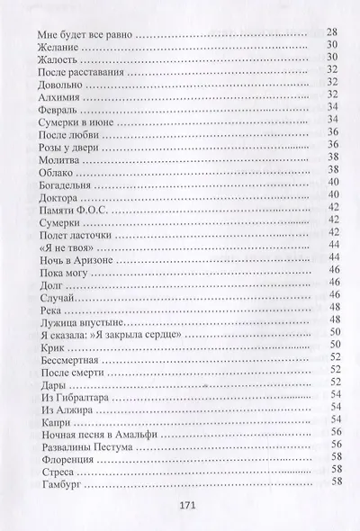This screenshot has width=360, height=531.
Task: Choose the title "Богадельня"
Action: point(70,183)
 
